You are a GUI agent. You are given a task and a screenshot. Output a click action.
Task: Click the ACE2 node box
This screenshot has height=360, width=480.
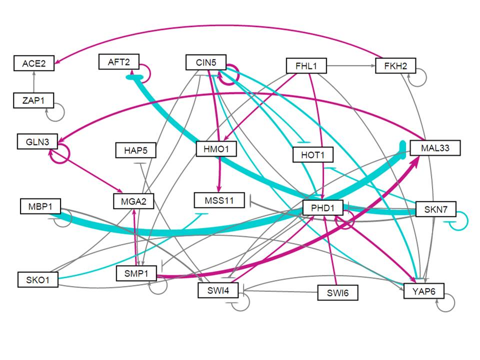[33, 63]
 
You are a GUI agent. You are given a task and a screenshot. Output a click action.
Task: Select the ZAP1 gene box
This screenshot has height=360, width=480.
[33, 100]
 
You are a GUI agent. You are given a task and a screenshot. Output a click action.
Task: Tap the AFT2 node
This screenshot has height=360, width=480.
[119, 61]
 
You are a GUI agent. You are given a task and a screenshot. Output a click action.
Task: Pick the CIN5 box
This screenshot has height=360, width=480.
[205, 62]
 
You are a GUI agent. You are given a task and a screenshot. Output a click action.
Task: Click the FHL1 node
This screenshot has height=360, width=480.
[306, 65]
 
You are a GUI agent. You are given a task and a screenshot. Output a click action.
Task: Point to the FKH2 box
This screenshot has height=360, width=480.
[395, 65]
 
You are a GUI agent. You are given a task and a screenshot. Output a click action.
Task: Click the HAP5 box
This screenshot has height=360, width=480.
[135, 149]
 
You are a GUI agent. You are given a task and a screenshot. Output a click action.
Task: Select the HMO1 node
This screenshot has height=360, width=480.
[216, 148]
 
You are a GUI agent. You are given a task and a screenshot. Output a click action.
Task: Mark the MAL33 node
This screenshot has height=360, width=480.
[433, 148]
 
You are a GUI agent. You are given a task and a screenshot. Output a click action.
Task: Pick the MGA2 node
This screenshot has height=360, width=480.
[133, 202]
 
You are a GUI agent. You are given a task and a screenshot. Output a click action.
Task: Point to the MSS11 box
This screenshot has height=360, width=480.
[219, 200]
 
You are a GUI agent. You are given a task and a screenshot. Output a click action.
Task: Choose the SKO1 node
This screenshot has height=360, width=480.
[37, 279]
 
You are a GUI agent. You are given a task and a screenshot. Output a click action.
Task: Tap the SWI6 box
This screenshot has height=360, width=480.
[338, 292]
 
